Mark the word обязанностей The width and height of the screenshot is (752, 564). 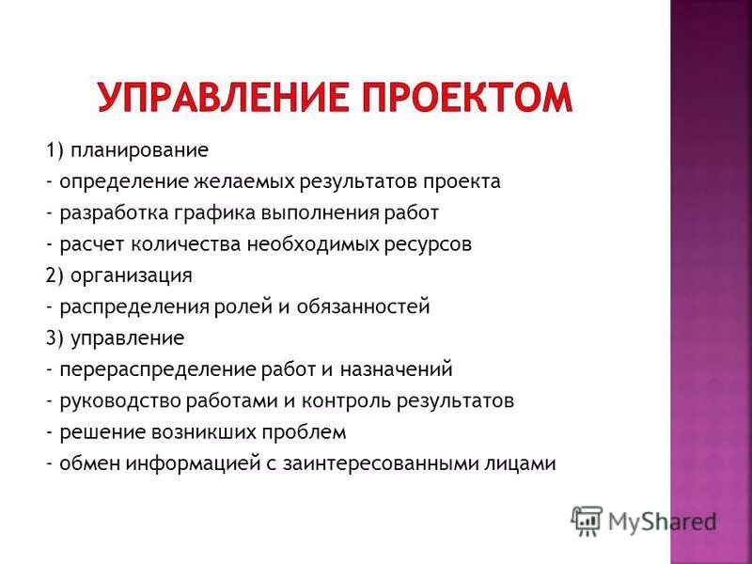[x=373, y=306]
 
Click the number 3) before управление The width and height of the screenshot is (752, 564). [x=53, y=337]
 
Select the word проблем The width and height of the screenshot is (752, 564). [x=307, y=432]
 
